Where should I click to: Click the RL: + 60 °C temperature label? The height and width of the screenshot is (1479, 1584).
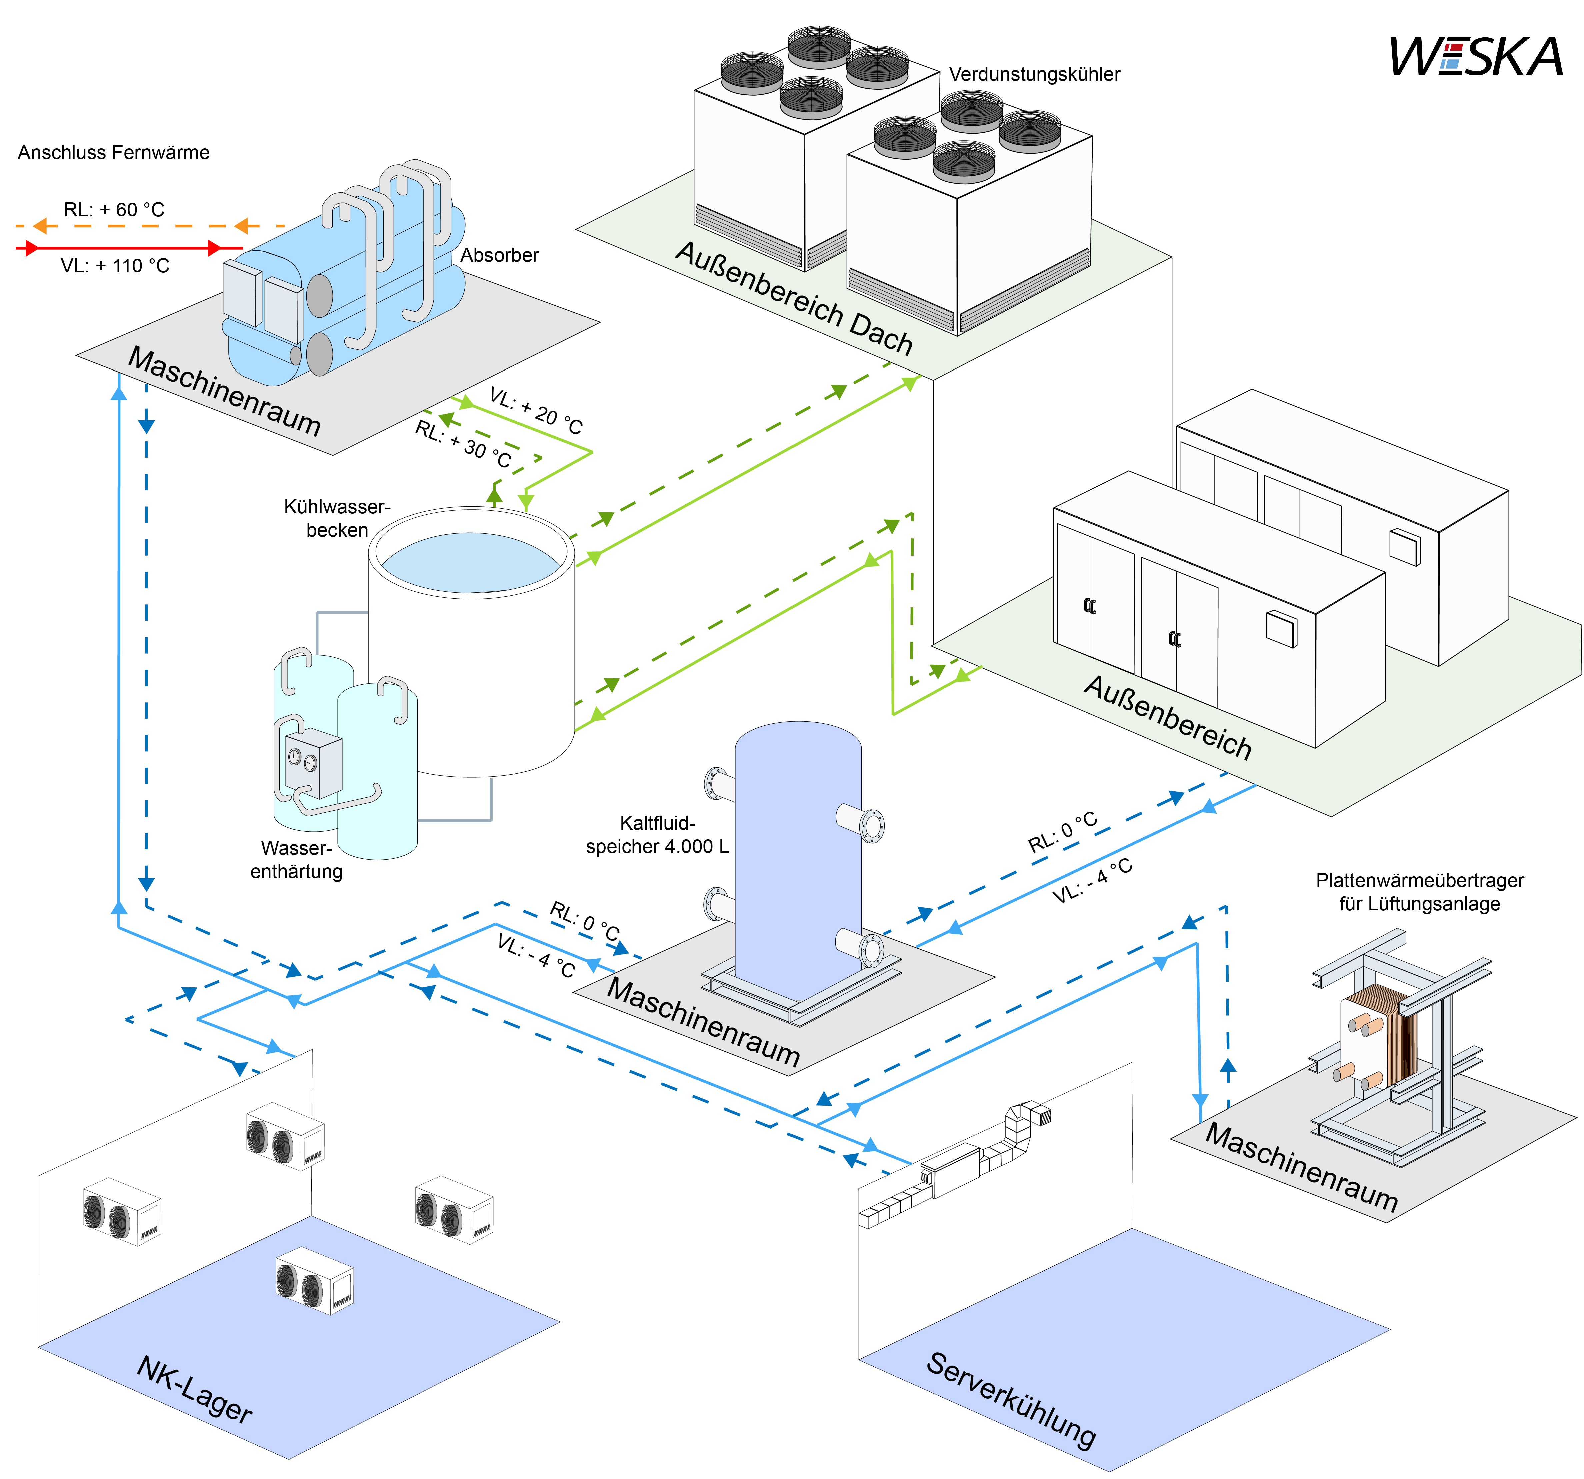[x=114, y=209]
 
